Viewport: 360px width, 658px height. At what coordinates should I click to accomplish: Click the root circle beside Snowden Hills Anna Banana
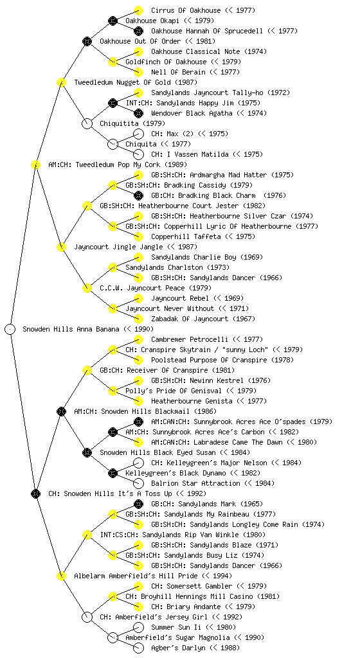(10, 329)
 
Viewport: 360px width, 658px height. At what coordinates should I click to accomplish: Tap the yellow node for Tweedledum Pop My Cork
(35, 164)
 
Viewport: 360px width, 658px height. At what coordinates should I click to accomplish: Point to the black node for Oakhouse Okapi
(113, 21)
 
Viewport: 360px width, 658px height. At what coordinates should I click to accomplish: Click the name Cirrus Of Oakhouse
(186, 10)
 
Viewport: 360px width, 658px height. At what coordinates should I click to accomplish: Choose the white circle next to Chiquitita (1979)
(87, 123)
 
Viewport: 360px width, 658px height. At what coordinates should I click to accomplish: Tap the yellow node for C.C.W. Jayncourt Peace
(87, 288)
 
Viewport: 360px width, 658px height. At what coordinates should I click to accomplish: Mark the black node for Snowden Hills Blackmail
(61, 411)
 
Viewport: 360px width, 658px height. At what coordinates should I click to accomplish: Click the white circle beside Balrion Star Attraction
(138, 483)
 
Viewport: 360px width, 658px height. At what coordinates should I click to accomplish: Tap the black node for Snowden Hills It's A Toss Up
(35, 493)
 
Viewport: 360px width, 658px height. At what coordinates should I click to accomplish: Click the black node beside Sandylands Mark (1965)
(138, 504)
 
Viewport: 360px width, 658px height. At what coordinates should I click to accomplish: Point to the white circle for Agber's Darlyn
(138, 648)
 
